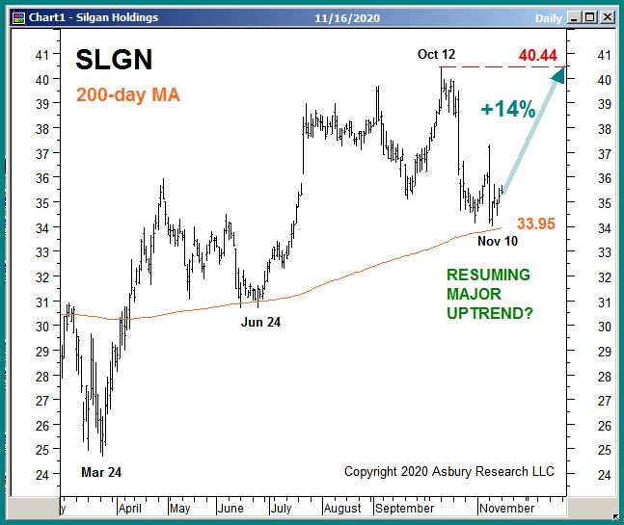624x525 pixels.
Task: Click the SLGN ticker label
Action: [114, 61]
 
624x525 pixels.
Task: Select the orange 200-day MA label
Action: [127, 95]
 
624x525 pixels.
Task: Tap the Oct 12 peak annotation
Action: [438, 54]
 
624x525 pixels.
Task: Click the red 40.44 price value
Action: [537, 56]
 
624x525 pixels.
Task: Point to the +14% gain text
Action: [507, 110]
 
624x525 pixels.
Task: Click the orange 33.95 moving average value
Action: [536, 224]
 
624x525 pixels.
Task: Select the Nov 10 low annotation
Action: [499, 241]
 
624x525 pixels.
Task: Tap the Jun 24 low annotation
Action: [260, 322]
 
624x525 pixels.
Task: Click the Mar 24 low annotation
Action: [101, 472]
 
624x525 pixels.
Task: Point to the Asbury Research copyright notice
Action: [449, 471]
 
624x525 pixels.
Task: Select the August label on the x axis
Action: [341, 508]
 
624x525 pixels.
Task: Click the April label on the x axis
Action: [129, 508]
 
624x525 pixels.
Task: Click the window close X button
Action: [608, 16]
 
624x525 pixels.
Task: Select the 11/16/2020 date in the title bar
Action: [348, 17]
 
